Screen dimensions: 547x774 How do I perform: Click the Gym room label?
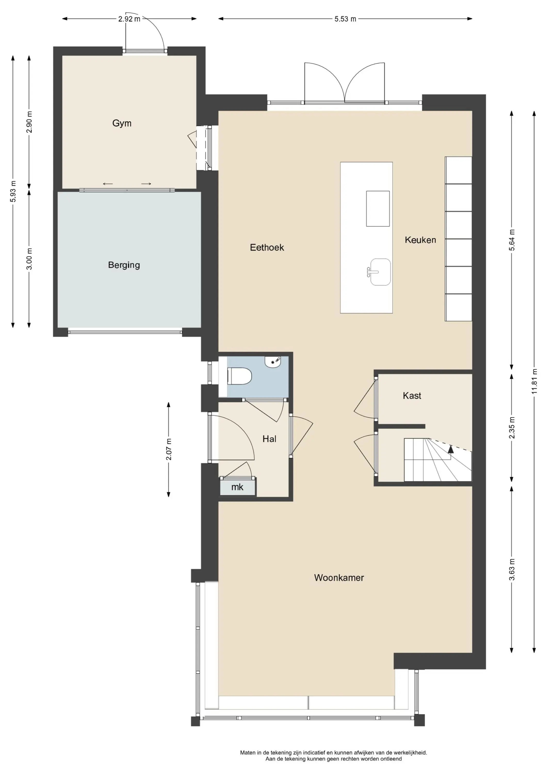(x=122, y=123)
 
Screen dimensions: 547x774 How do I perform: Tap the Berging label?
(x=124, y=265)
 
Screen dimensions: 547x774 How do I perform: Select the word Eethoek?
(x=267, y=247)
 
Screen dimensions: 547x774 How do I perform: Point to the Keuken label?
(x=420, y=240)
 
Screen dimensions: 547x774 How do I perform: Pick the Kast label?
(x=412, y=396)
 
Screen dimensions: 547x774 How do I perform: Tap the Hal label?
(x=269, y=439)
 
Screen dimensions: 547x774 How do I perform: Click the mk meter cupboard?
(x=238, y=487)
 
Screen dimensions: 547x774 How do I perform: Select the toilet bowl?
(x=240, y=376)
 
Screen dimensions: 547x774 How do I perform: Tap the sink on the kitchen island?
(x=380, y=272)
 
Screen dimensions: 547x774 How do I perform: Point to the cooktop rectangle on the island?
(x=378, y=209)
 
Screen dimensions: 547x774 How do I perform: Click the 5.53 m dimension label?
(x=345, y=19)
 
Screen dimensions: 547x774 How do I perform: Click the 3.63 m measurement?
(x=512, y=570)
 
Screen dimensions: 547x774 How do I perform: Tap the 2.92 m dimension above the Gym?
(x=129, y=19)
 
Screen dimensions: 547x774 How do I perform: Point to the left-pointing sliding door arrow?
(x=108, y=184)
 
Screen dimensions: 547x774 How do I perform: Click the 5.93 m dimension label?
(x=13, y=191)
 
